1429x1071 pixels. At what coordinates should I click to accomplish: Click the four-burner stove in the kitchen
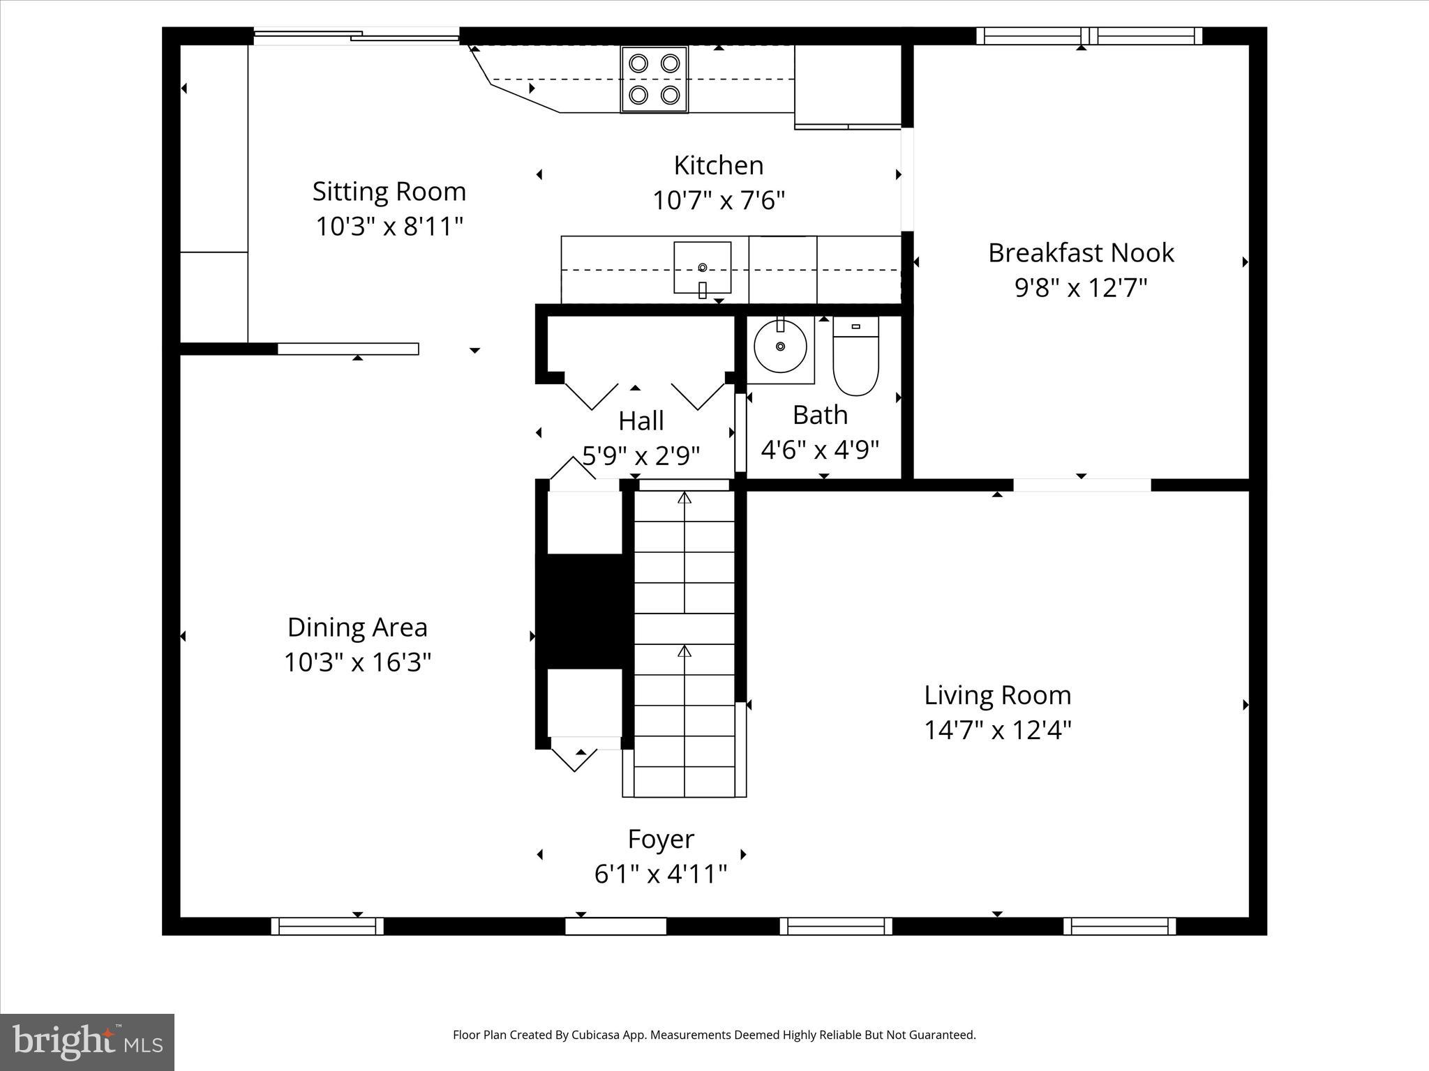(x=654, y=79)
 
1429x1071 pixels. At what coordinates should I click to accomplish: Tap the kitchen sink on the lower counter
(x=702, y=268)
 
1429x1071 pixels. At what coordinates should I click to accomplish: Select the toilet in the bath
(x=855, y=356)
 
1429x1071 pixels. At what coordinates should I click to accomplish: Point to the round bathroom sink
(x=781, y=347)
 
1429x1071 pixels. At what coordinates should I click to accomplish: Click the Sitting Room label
(x=389, y=191)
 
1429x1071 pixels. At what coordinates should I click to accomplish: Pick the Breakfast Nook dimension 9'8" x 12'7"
(x=1081, y=287)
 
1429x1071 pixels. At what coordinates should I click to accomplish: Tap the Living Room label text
(x=997, y=695)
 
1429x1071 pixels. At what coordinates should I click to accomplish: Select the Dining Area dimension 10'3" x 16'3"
(x=357, y=662)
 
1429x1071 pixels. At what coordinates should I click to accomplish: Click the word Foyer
(x=660, y=839)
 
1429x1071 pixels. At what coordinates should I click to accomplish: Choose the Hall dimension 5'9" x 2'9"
(x=641, y=456)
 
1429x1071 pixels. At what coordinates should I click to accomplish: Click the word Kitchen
(x=718, y=165)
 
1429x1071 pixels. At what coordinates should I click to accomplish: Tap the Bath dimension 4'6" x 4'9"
(x=820, y=450)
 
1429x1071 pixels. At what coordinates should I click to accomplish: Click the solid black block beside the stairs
(x=583, y=611)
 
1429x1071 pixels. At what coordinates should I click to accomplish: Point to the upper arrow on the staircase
(x=684, y=498)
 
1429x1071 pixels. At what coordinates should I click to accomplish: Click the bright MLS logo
(x=87, y=1042)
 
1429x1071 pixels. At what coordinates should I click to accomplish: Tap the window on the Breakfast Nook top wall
(x=1088, y=36)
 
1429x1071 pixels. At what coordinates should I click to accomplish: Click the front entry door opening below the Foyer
(x=615, y=926)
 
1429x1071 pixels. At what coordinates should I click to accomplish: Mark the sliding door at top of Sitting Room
(x=356, y=36)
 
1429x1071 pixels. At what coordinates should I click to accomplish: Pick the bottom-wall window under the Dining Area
(x=327, y=926)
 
